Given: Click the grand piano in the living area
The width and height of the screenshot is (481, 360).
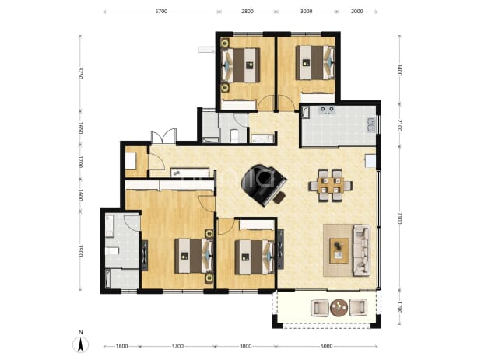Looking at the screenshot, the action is coord(263,184).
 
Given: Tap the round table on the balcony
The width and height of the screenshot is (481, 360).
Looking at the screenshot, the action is coord(339,307).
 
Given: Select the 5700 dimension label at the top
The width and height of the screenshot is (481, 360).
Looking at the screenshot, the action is coord(161,12).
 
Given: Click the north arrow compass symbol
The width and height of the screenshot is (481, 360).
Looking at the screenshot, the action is coord(81,343).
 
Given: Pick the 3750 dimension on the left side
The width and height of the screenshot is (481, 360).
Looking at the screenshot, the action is coord(80,73).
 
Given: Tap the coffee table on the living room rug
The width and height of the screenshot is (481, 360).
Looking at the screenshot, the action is coord(339,250).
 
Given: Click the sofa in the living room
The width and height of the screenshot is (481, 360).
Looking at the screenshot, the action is coord(362,250).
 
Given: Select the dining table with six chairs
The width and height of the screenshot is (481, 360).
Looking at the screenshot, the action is coord(330,185).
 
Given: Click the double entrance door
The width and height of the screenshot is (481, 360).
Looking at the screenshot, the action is coord(163,136).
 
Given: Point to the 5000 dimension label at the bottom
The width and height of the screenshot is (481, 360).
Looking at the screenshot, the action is coord(326,346).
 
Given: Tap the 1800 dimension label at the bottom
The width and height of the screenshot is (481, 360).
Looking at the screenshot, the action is coord(121,346).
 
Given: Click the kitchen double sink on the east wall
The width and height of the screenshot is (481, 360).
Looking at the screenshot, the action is coord(371,124).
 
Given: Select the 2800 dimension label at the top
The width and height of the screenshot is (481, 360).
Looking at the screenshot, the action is coord(248,12).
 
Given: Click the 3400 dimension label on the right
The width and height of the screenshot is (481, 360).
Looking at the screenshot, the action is coord(399,70).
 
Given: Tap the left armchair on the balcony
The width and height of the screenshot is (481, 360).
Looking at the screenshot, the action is coord(320,307).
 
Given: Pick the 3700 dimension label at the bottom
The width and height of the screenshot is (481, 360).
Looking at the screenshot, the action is coord(177,346).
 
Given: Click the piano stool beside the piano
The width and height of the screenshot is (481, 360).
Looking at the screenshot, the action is coord(279,197).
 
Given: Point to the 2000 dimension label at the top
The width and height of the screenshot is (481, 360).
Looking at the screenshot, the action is coord(356,12).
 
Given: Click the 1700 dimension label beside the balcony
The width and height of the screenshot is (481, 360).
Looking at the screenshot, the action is coord(399,308).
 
